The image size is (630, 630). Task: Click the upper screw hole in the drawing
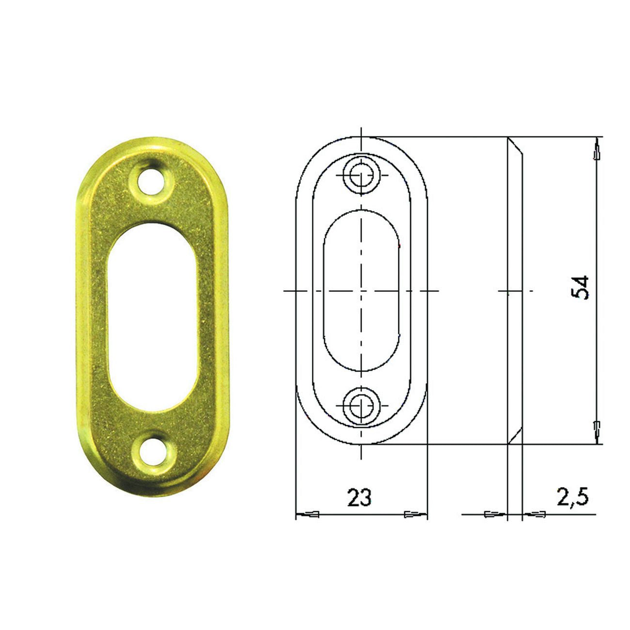[361, 175]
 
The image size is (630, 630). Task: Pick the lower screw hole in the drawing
[361, 406]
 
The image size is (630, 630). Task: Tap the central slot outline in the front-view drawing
[324, 290]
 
